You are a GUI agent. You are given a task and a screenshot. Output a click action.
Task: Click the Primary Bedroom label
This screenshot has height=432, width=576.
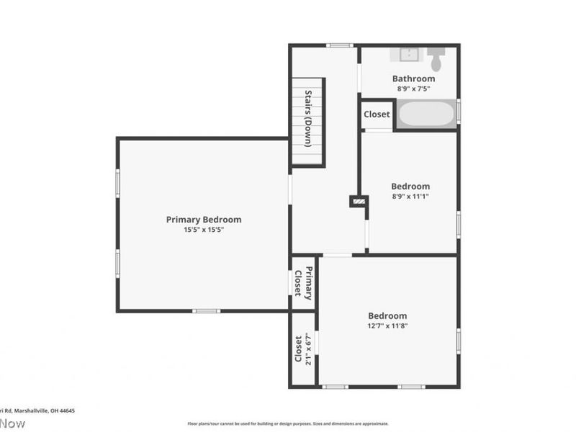pos(204,220)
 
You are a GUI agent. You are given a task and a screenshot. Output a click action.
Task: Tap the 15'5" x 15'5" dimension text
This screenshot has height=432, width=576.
pos(204,230)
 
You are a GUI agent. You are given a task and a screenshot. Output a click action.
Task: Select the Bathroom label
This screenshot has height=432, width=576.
pos(413,78)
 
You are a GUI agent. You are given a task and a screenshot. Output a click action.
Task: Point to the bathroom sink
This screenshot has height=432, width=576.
pos(408,54)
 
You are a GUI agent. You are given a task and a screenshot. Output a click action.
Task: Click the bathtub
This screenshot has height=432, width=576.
pos(426,114)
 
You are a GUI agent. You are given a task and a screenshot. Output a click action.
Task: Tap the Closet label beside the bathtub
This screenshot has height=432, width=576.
pos(377,114)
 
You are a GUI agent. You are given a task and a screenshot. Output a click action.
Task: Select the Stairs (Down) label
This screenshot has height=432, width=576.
pos(307,119)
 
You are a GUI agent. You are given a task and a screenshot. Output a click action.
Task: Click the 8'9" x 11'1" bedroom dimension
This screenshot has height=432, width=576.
pos(410,197)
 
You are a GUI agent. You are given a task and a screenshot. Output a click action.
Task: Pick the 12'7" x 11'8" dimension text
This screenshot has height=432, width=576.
pos(387,326)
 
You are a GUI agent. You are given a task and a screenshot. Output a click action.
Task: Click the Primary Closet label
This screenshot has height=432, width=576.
pos(303,283)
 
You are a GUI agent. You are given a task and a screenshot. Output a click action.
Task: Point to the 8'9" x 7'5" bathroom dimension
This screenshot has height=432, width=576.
pos(413,89)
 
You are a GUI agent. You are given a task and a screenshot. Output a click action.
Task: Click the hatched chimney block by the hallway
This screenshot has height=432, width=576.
pos(358,202)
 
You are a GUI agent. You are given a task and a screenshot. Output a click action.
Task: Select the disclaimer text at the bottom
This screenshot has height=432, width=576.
pos(288,423)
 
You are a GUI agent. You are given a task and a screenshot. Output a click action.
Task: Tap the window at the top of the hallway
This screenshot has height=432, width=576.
pos(338,45)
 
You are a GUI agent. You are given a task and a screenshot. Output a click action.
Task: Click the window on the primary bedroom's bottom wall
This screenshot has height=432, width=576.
pos(206,311)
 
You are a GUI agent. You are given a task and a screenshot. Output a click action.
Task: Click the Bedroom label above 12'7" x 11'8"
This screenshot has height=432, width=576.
pos(387,315)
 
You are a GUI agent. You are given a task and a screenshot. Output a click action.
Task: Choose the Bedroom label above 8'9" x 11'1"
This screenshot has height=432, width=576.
pos(410,186)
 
